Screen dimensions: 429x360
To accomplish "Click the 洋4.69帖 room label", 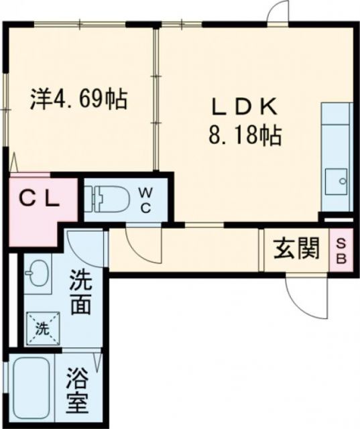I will click(x=78, y=101).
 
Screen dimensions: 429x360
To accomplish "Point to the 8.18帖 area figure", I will click(x=242, y=137).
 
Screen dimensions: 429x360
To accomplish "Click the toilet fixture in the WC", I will click(x=107, y=198).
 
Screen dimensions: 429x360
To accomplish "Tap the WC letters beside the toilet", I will click(x=145, y=198).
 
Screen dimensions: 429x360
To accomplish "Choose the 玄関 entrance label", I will click(x=294, y=251).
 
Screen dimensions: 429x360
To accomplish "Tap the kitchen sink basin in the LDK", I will click(x=336, y=180).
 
